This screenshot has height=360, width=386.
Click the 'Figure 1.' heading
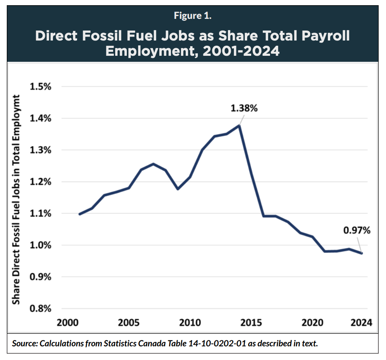pyautogui.click(x=193, y=16)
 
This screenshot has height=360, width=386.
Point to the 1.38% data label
pyautogui.click(x=244, y=108)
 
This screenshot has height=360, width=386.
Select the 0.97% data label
pyautogui.click(x=357, y=230)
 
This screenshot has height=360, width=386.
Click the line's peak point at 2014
pyautogui.click(x=240, y=125)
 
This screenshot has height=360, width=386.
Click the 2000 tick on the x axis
pyautogui.click(x=67, y=323)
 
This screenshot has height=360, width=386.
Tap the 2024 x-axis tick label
pyautogui.click(x=361, y=323)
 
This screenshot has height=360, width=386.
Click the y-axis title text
pyautogui.click(x=16, y=199)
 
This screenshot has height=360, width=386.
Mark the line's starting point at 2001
pyautogui.click(x=79, y=214)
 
